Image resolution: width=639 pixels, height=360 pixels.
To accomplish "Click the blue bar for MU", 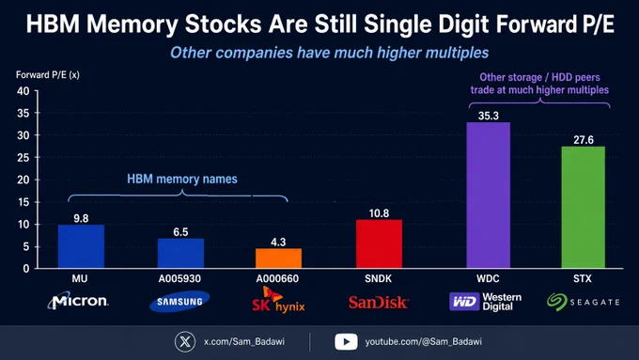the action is point(81,246).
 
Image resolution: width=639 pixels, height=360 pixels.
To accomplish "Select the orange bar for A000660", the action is point(279,258).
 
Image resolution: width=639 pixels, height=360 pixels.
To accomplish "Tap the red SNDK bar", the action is point(379,243).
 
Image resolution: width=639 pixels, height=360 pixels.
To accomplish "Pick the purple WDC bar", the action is point(489,196).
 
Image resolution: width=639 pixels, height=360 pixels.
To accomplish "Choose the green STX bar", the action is point(584,208).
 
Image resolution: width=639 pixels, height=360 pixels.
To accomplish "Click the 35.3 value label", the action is point(489,116).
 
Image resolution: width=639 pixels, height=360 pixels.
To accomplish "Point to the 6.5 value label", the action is point(180,232).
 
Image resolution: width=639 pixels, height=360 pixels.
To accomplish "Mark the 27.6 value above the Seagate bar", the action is point(584,140).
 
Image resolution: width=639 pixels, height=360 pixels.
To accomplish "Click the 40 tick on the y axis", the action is point(23,91).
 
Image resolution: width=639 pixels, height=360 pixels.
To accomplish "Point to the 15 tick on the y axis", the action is point(23,202).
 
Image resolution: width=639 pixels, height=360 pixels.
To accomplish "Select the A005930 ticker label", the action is point(179,278).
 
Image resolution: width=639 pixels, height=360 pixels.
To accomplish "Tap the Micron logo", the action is point(78,301).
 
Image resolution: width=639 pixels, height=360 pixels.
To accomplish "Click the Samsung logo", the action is point(179,302).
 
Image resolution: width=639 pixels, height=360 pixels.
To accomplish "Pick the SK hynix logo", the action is point(278,300).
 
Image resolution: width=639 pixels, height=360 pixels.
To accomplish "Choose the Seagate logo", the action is point(584,302).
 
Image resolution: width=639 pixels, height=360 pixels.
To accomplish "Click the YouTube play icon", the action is point(346,341).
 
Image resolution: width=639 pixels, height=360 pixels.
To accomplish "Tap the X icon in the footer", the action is point(185,341).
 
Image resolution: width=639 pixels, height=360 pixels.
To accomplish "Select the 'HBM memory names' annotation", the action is point(181,179).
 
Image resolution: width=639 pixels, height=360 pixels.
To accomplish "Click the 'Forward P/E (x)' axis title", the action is point(48,75).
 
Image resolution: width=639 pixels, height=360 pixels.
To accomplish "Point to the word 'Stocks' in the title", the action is point(224,24).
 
